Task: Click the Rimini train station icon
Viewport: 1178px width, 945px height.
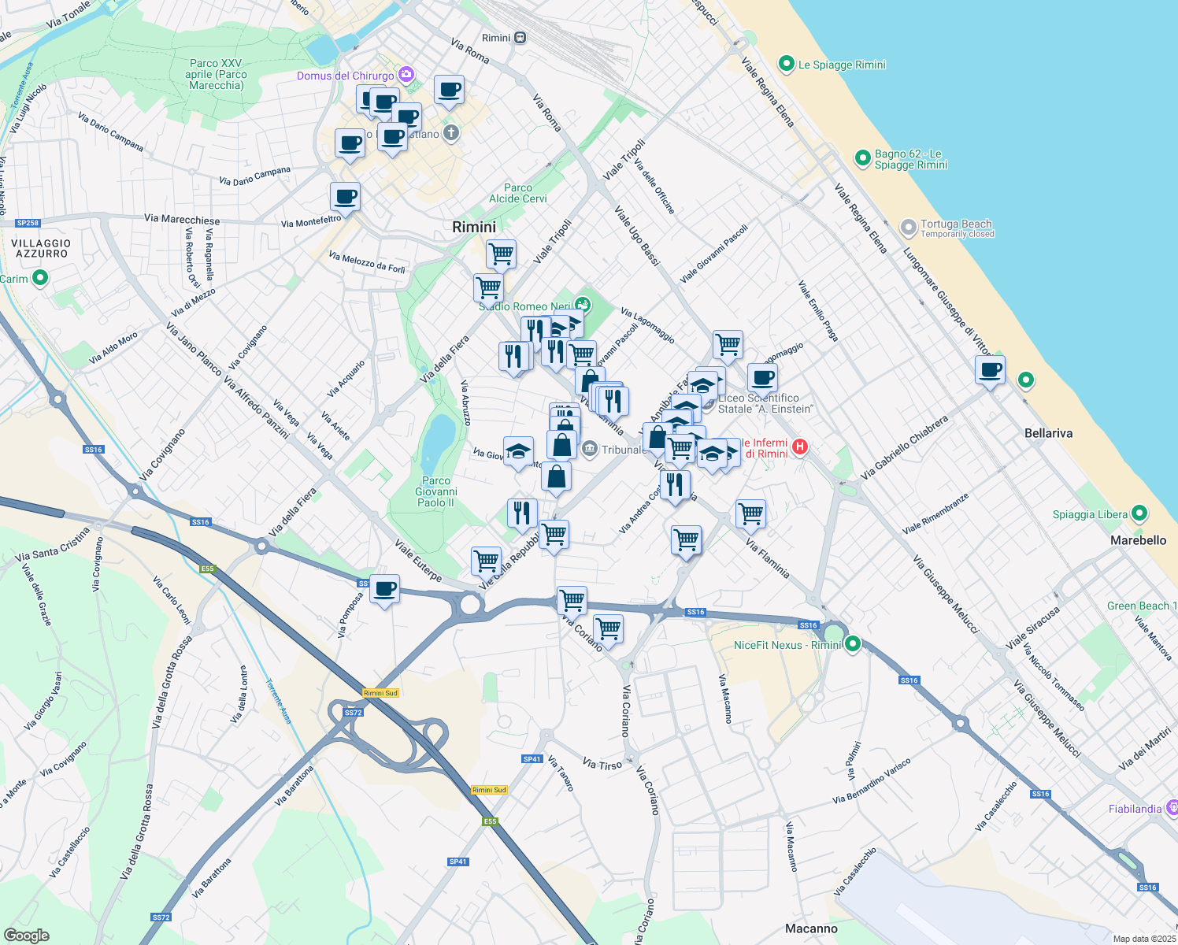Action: pos(520,38)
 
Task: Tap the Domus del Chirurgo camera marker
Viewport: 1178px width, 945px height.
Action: pos(406,75)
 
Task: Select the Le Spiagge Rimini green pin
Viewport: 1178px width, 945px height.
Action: pos(786,64)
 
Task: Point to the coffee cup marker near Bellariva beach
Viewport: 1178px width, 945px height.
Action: pos(990,369)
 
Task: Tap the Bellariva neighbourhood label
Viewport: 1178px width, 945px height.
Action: pos(1048,433)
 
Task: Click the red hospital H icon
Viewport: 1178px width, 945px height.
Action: pos(800,447)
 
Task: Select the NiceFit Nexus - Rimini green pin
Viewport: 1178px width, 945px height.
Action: pos(852,644)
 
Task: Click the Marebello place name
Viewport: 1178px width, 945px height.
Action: pos(1138,540)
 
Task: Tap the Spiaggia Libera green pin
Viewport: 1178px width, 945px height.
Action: pos(1139,514)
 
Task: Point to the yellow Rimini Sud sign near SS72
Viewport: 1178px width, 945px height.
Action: pos(381,693)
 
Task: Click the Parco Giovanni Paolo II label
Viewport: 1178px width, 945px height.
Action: pos(436,491)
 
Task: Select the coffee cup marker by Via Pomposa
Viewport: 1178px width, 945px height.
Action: pos(384,589)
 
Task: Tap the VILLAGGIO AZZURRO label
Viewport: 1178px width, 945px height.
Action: pos(42,249)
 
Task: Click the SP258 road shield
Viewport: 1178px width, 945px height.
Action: pos(28,223)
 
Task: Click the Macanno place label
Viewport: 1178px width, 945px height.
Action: pos(811,928)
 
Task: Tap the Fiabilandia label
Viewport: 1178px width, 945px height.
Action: pos(1135,809)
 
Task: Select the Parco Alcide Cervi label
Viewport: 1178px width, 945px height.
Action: pos(518,193)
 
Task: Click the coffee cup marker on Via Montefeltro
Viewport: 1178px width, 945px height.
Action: pos(345,196)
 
